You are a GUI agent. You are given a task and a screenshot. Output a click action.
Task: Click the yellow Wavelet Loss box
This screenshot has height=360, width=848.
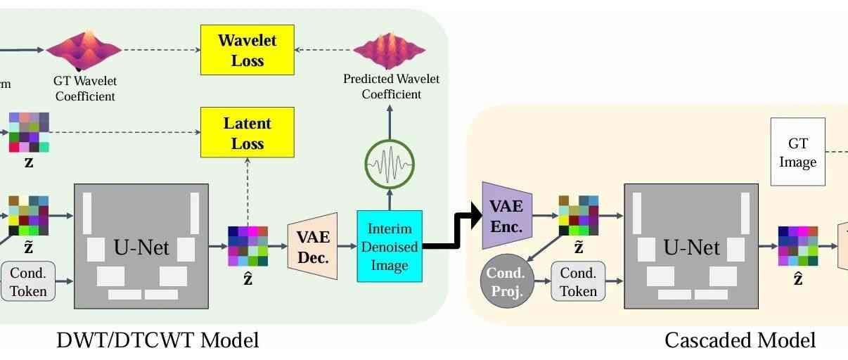tap(247, 50)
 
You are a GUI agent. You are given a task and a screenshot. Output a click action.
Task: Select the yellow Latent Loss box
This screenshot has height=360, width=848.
tap(247, 133)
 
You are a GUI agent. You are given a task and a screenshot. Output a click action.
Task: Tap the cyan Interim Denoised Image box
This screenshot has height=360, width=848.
tap(389, 246)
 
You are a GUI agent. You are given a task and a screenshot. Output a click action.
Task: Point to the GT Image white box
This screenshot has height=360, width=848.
tap(797, 152)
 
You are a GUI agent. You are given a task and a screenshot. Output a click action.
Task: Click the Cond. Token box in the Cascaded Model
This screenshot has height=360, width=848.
tap(578, 281)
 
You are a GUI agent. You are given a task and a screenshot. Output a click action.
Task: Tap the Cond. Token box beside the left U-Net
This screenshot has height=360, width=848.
tap(28, 281)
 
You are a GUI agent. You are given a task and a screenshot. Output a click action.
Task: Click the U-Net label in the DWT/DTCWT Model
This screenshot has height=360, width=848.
tap(141, 247)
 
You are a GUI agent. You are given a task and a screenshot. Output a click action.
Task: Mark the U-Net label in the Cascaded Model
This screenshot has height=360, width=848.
tap(691, 247)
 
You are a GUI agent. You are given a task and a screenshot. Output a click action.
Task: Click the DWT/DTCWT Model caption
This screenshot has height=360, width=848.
tap(158, 341)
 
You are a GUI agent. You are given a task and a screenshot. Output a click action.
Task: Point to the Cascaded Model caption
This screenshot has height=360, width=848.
tap(740, 341)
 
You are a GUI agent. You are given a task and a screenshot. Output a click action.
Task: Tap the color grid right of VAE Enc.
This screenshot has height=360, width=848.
tap(578, 215)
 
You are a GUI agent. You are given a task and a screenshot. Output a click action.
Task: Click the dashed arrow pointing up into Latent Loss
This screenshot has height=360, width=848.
tap(247, 190)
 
